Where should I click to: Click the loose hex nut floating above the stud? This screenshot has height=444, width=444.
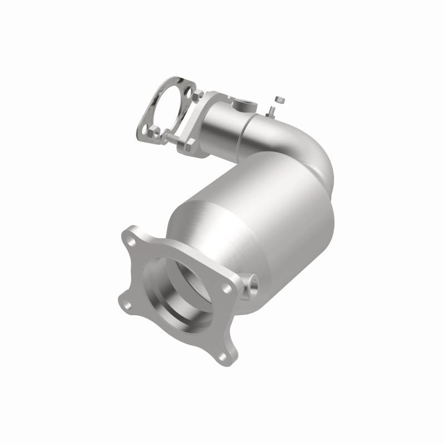pyautogui.click(x=279, y=100)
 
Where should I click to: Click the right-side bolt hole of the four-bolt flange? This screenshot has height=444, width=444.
pyautogui.click(x=228, y=287)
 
